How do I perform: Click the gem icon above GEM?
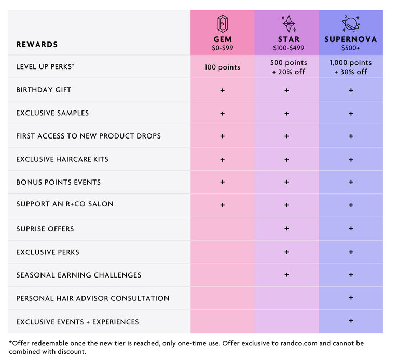pyautogui.click(x=222, y=23)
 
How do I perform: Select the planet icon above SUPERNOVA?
pyautogui.click(x=351, y=23)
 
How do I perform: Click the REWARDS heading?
pyautogui.click(x=37, y=45)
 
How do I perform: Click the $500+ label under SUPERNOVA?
pyautogui.click(x=351, y=48)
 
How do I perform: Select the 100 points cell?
pyautogui.click(x=222, y=67)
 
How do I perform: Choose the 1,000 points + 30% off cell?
pyautogui.click(x=351, y=67)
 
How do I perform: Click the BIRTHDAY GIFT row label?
pyautogui.click(x=44, y=90)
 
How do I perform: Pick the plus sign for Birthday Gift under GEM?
pyautogui.click(x=222, y=90)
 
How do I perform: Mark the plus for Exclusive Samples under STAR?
pyautogui.click(x=286, y=113)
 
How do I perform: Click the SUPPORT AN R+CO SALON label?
pyautogui.click(x=64, y=204)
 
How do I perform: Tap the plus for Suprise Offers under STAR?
pyautogui.click(x=286, y=228)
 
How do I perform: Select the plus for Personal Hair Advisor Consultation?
pyautogui.click(x=351, y=298)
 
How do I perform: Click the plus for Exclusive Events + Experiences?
pyautogui.click(x=351, y=321)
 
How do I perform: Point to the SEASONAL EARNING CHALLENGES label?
pyautogui.click(x=78, y=275)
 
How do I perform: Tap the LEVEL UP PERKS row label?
pyautogui.click(x=45, y=66)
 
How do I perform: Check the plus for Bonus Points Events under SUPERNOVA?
pyautogui.click(x=351, y=182)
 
